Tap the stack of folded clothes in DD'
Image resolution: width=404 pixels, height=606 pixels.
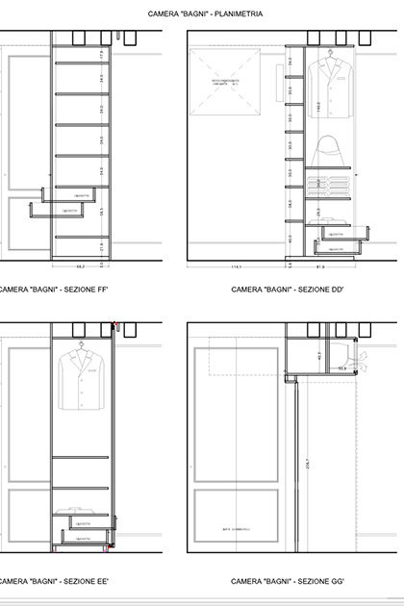pyautogui.click(x=329, y=183)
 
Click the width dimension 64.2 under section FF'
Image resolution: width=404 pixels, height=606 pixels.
pyautogui.click(x=82, y=265)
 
